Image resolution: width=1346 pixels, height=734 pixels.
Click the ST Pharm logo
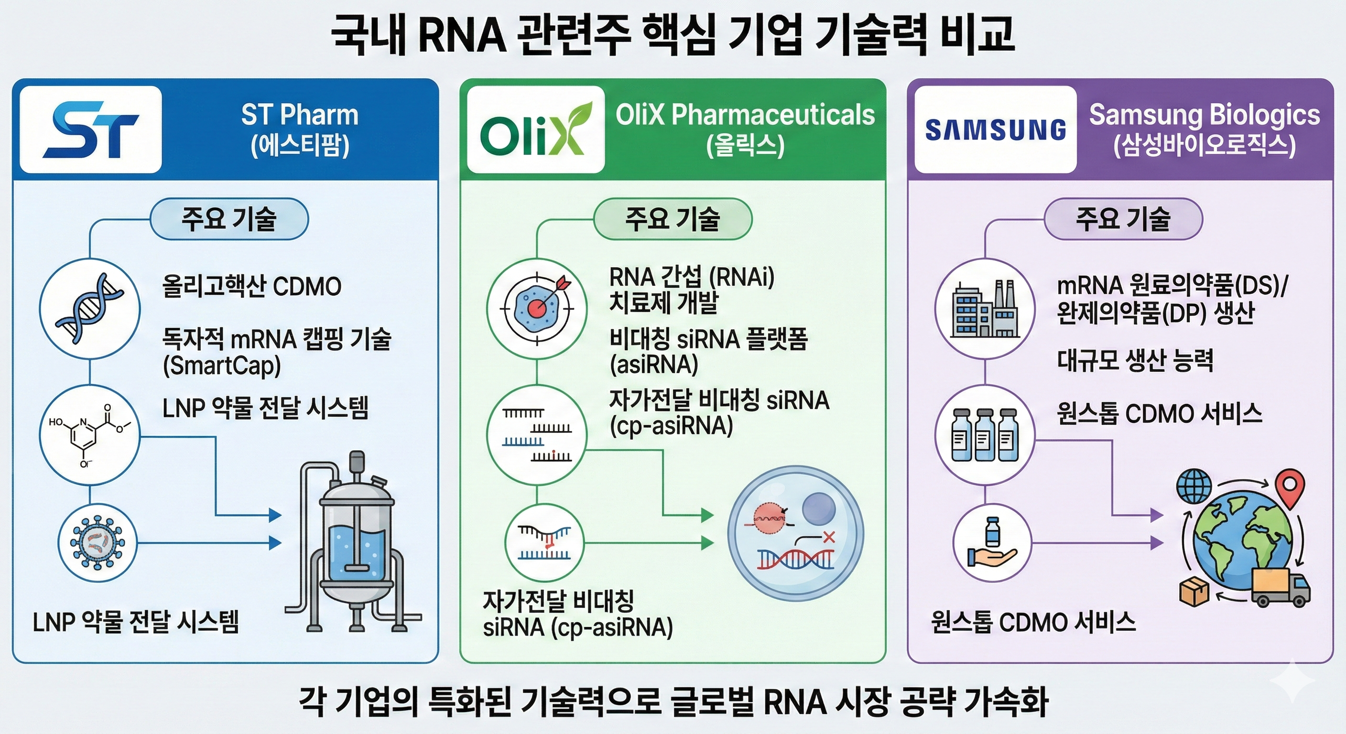coord(91,130)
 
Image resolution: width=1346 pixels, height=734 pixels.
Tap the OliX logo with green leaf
coord(535,130)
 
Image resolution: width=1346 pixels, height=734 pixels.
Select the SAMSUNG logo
coord(995,130)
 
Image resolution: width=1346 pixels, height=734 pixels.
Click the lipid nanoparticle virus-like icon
coord(97,543)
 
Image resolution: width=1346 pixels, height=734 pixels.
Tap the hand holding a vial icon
coord(991,543)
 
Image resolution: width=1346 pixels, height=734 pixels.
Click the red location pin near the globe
coord(1290,487)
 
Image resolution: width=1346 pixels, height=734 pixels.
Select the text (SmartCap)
coord(222,366)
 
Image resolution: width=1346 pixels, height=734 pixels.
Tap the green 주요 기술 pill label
coord(673,219)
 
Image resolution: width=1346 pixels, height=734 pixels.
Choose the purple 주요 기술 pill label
coord(1123,219)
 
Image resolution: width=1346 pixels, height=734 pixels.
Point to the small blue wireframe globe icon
coord(1194,486)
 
